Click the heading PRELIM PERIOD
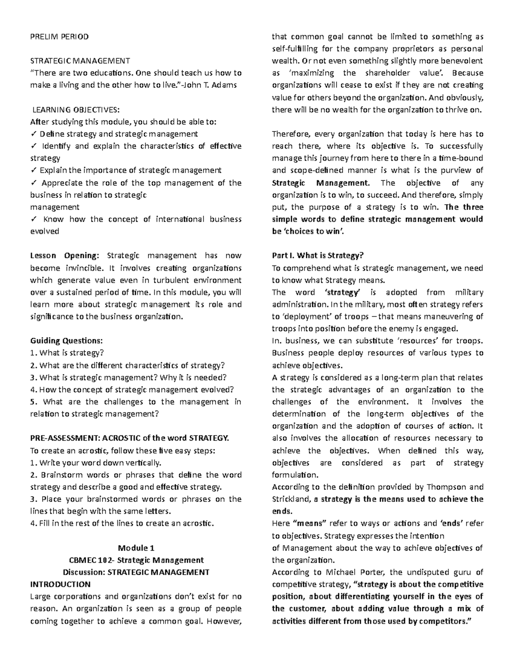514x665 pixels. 59,36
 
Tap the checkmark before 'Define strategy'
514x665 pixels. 33,134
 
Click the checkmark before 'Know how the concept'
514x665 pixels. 33,219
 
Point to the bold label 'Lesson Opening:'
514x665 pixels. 64,256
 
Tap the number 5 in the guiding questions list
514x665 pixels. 33,402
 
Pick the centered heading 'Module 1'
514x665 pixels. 136,548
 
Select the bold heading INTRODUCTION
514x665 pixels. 60,584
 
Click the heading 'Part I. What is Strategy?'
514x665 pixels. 317,256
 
